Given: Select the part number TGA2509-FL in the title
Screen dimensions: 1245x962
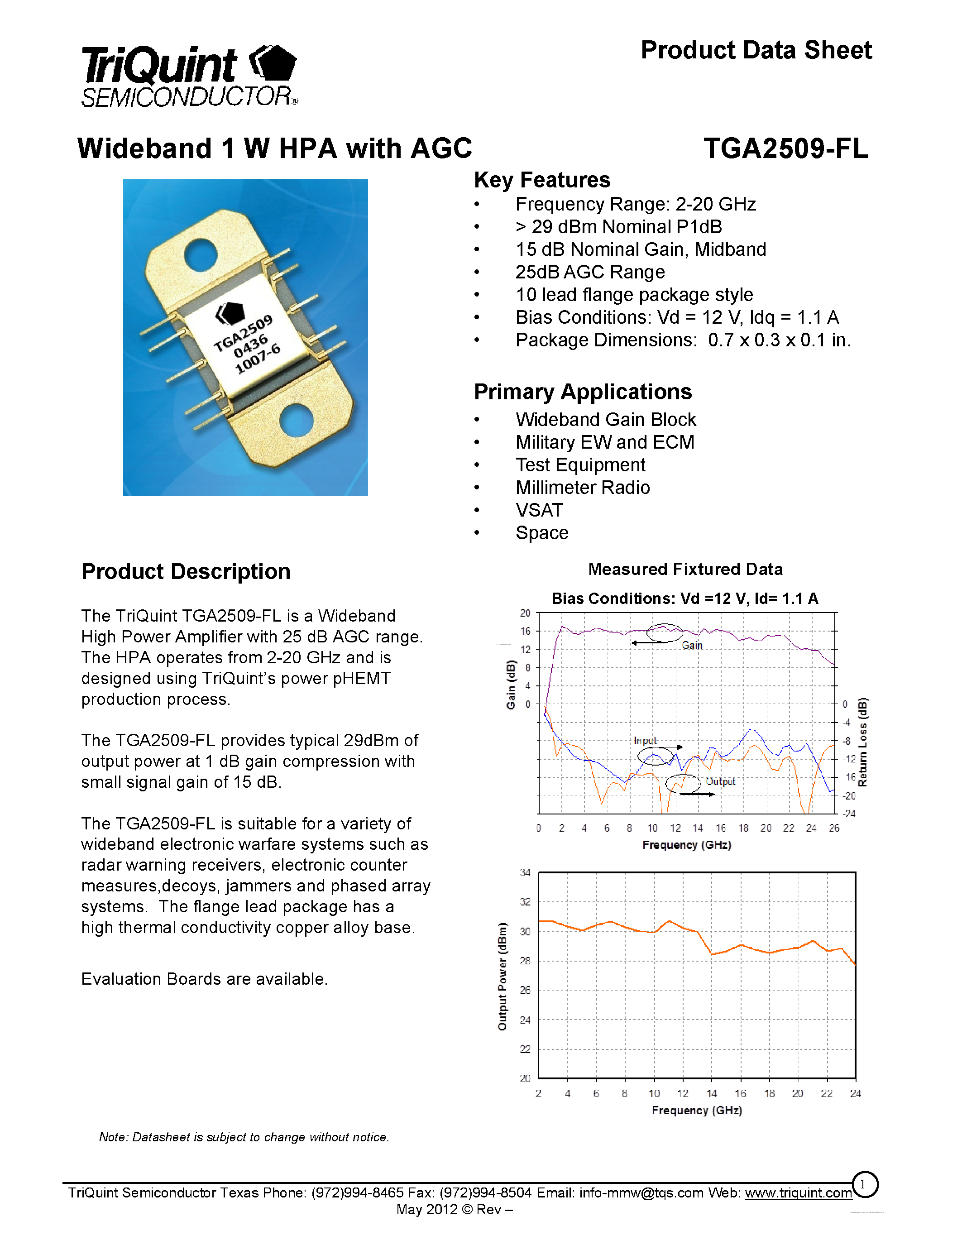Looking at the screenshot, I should pos(785,149).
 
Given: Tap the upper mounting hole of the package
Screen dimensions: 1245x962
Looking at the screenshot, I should pos(201,255).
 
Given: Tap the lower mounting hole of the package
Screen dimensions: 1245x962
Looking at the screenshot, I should pos(297,420).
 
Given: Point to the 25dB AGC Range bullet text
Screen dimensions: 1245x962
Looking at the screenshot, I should pos(590,273).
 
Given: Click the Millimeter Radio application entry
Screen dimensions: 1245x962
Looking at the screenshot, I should pos(583,488).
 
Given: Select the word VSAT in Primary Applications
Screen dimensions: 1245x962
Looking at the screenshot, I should pos(539,510).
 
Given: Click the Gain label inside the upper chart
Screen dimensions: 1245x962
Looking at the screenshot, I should pos(692,645).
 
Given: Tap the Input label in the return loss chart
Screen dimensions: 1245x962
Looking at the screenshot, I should pos(645,741).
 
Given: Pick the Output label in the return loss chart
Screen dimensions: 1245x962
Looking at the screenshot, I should pos(720,781).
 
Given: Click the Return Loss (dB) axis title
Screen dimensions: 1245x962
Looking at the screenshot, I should pos(863,742).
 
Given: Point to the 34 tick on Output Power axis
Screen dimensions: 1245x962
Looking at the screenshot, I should pos(525,873).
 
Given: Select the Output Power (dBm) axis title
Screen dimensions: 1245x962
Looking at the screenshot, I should pos(502,976).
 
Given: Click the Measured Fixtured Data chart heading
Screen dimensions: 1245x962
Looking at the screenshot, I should pos(685,570).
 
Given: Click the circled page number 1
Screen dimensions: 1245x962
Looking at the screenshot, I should pos(864,1185).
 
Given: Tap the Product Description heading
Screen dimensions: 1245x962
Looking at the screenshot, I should pos(186,572).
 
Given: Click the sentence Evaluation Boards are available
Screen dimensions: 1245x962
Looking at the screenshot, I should pos(204,979).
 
